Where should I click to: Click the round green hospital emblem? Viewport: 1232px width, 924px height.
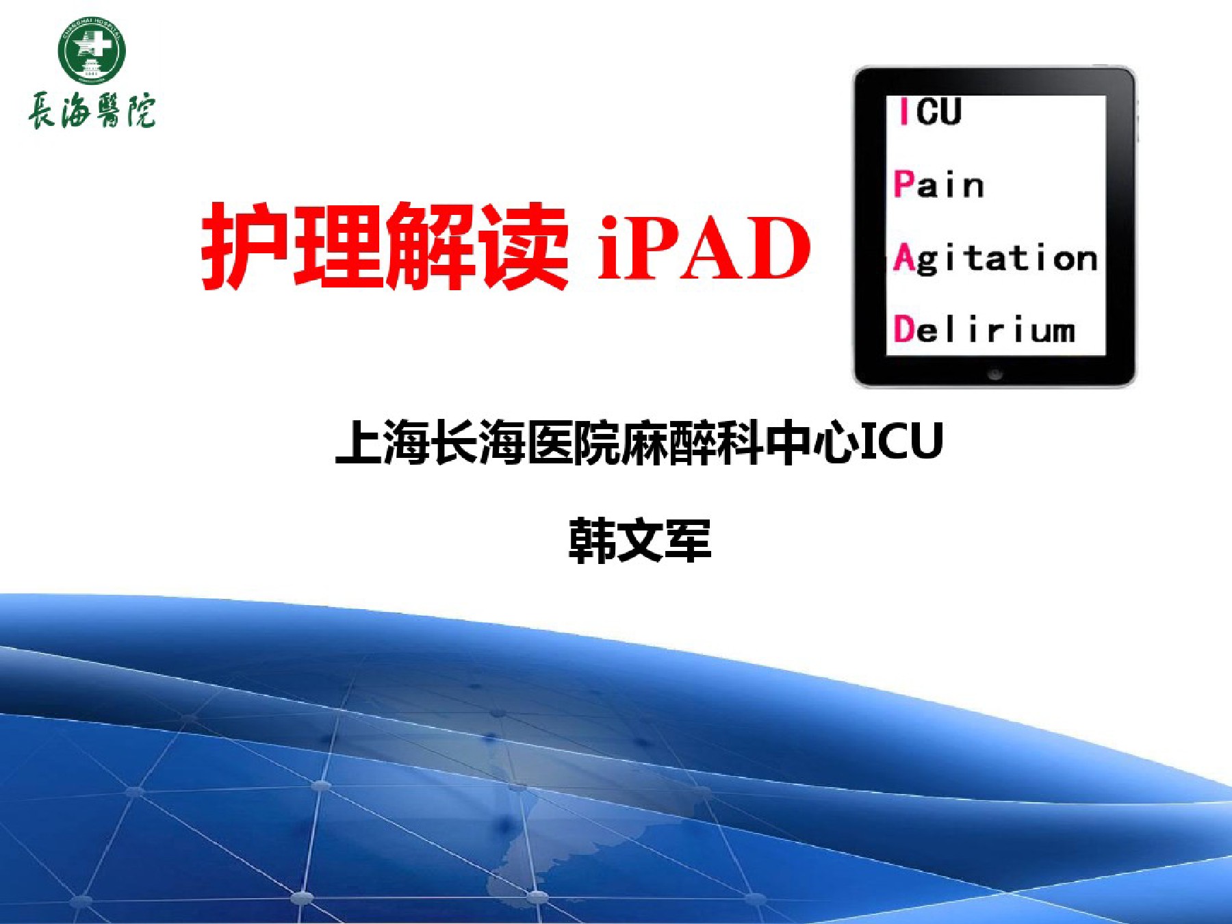(x=92, y=51)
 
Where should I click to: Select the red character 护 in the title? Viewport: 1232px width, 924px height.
(x=245, y=245)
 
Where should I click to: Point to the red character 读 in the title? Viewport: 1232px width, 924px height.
(x=524, y=245)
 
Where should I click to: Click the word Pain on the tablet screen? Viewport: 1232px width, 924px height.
(x=939, y=184)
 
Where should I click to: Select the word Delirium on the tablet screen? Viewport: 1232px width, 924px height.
(x=984, y=329)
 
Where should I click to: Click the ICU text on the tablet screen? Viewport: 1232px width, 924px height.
(x=930, y=111)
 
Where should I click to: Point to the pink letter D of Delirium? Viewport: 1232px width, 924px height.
(x=904, y=329)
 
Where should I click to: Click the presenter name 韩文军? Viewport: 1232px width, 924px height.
(x=640, y=541)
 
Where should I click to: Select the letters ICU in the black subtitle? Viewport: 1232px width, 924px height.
(x=901, y=441)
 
